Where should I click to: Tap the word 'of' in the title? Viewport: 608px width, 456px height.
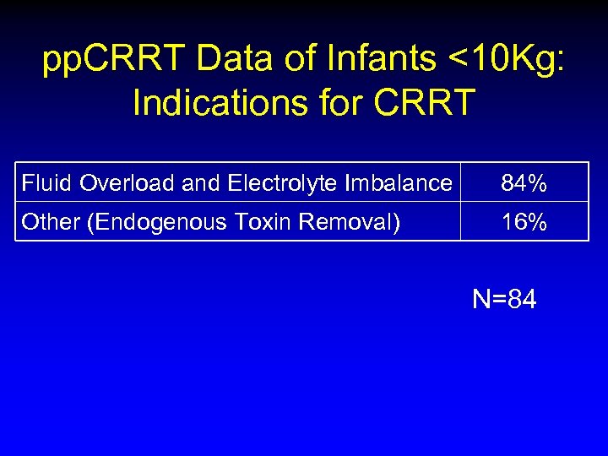click(292, 61)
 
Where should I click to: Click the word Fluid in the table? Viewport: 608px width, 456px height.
click(47, 182)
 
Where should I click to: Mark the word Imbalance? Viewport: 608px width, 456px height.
click(398, 182)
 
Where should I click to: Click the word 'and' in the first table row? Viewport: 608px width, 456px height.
click(200, 182)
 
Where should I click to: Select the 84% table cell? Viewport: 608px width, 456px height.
click(524, 182)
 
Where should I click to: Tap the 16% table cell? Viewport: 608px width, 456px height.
click(524, 222)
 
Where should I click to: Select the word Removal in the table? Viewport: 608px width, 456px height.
click(351, 222)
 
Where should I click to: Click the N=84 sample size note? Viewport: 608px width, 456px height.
click(504, 299)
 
